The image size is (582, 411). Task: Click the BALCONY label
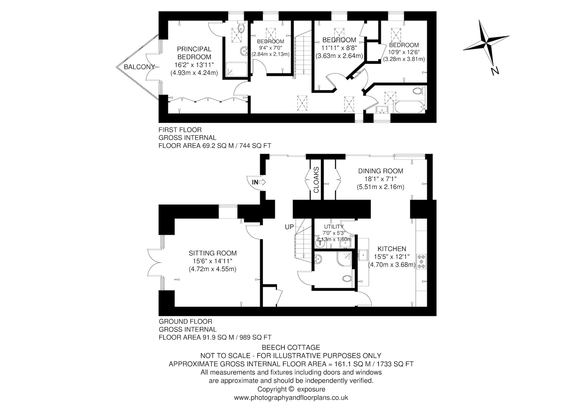(139, 67)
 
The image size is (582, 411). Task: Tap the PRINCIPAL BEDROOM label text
(194, 53)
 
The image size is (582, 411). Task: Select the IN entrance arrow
(259, 182)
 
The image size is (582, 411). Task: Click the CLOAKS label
(316, 180)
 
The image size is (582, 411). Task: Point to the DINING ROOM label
(381, 171)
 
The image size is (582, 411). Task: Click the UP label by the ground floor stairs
(290, 227)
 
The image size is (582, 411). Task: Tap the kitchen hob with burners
(421, 261)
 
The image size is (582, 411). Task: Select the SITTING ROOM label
(213, 253)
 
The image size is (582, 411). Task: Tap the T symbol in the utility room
(320, 243)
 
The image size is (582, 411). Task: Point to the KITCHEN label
(392, 249)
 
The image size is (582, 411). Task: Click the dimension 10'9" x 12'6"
(404, 52)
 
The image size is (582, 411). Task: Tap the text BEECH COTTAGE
(291, 347)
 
